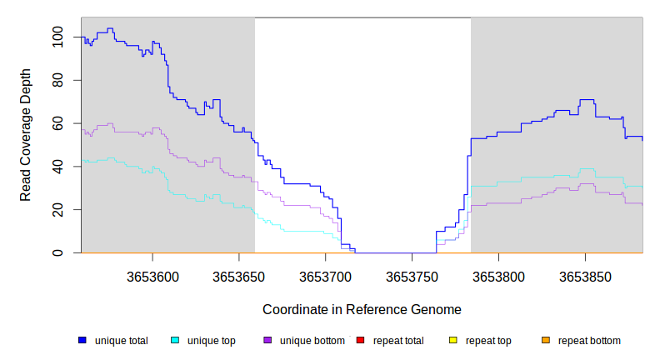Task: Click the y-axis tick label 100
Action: pyautogui.click(x=57, y=37)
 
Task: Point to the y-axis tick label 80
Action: pyautogui.click(x=57, y=80)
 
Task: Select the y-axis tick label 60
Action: pyautogui.click(x=57, y=123)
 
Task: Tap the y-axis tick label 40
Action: pyautogui.click(x=57, y=167)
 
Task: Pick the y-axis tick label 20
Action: pyautogui.click(x=57, y=210)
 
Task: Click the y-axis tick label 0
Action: pyautogui.click(x=57, y=252)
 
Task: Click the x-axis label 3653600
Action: pyautogui.click(x=152, y=276)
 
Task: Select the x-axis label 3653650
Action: pyautogui.click(x=239, y=276)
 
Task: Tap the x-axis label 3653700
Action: pyautogui.click(x=326, y=276)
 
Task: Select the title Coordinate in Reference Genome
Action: pyautogui.click(x=362, y=309)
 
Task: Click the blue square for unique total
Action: pyautogui.click(x=82, y=340)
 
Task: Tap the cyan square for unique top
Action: pyautogui.click(x=175, y=340)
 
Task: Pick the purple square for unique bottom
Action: pyautogui.click(x=267, y=340)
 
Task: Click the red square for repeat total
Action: pyautogui.click(x=360, y=340)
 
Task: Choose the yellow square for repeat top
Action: pyautogui.click(x=452, y=340)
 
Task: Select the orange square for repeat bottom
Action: pyautogui.click(x=545, y=340)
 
